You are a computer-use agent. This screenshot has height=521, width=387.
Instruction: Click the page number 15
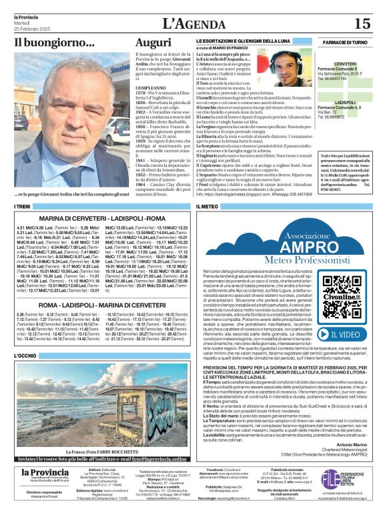[x=362, y=24]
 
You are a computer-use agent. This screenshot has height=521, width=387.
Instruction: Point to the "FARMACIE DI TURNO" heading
[x=346, y=42]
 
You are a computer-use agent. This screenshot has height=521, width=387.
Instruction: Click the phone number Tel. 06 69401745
[x=345, y=77]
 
